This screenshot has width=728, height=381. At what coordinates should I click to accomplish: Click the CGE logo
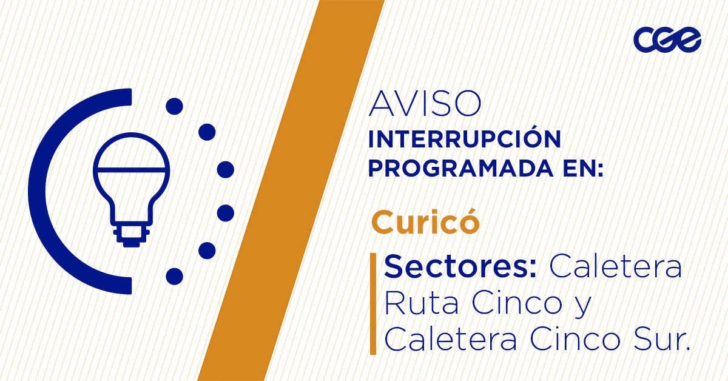(x=667, y=41)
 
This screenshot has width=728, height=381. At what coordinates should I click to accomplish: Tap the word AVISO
(x=425, y=104)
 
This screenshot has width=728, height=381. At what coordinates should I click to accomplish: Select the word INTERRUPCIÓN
(x=465, y=140)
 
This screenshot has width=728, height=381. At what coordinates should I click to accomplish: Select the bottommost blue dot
(x=175, y=276)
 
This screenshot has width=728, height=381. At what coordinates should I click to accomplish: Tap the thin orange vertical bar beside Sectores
(x=373, y=303)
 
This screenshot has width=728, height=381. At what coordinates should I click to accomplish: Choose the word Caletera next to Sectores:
(x=615, y=267)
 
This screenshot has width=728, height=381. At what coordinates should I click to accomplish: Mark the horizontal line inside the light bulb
(x=131, y=167)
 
